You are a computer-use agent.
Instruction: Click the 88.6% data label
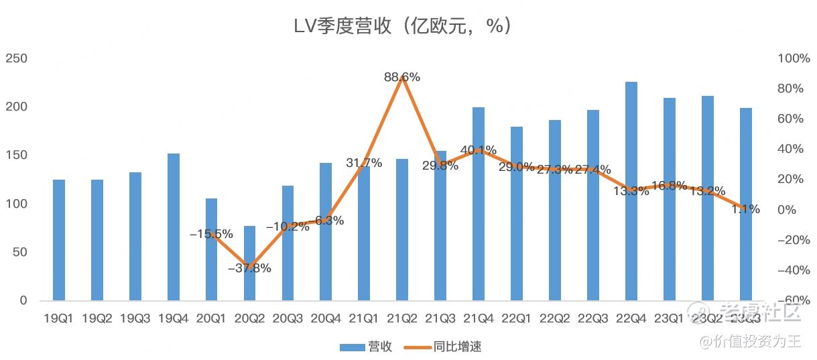tap(402, 77)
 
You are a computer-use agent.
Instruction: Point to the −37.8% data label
tap(249, 268)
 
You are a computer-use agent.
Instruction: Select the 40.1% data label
tap(479, 150)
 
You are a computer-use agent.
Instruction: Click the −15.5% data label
tap(211, 234)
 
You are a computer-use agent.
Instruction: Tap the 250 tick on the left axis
tap(16, 58)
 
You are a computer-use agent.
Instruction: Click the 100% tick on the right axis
tap(794, 58)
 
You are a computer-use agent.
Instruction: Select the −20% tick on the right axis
tap(794, 240)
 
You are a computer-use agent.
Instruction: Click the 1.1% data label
tap(745, 209)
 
